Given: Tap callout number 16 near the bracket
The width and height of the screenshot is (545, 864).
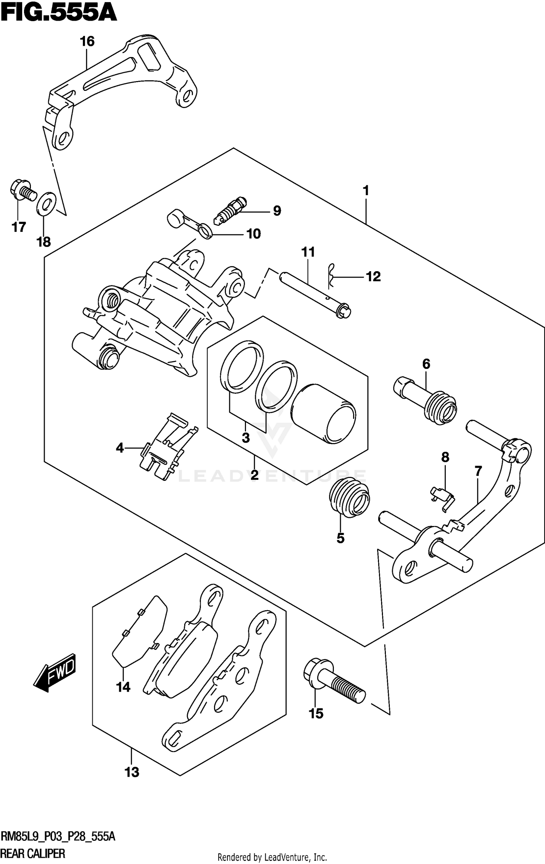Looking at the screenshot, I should point(87,41).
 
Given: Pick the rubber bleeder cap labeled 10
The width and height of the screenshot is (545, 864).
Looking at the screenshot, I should point(189,225).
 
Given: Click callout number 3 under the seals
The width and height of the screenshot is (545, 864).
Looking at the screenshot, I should point(246,438).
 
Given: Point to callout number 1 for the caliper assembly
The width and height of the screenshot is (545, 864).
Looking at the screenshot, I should point(366,190).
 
